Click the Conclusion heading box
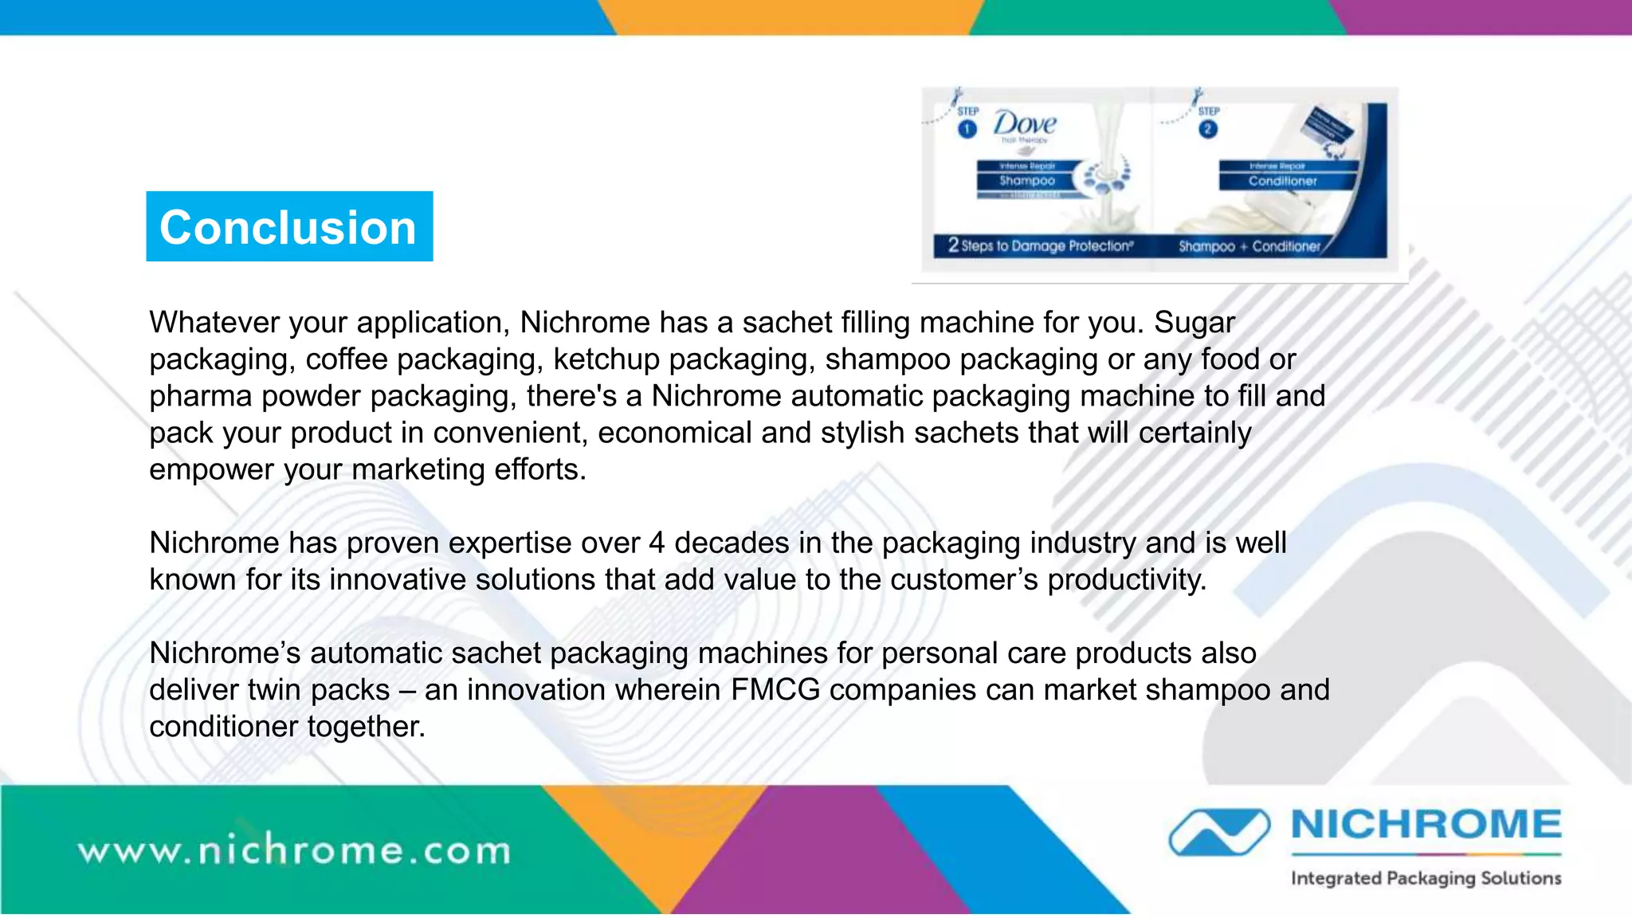[x=289, y=226]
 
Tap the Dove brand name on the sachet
[x=1024, y=124]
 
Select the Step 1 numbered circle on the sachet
[x=967, y=129]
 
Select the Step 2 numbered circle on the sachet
[x=1208, y=129]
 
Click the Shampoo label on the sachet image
[x=1027, y=181]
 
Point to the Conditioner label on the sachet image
[x=1282, y=181]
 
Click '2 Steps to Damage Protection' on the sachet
[x=1040, y=245]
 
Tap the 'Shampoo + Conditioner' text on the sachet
[x=1249, y=246]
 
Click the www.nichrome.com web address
[x=294, y=850]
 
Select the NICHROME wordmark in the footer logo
[x=1426, y=825]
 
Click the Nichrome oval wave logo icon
[x=1219, y=832]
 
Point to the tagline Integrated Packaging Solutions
[x=1426, y=878]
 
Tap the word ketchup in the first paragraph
[x=606, y=359]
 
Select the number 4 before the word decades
[x=657, y=543]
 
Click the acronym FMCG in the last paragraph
[x=775, y=690]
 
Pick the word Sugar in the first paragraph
[x=1194, y=323]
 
